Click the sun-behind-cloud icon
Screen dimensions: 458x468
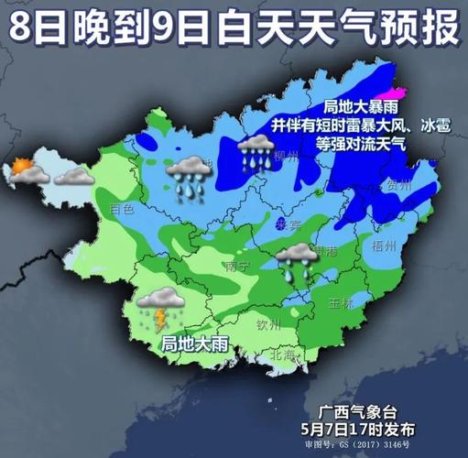pyautogui.click(x=20, y=169)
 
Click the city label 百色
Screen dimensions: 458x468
pyautogui.click(x=122, y=209)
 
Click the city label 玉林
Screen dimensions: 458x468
pyautogui.click(x=341, y=302)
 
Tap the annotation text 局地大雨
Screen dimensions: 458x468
pyautogui.click(x=194, y=344)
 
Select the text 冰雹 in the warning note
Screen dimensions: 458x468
pyautogui.click(x=434, y=126)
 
